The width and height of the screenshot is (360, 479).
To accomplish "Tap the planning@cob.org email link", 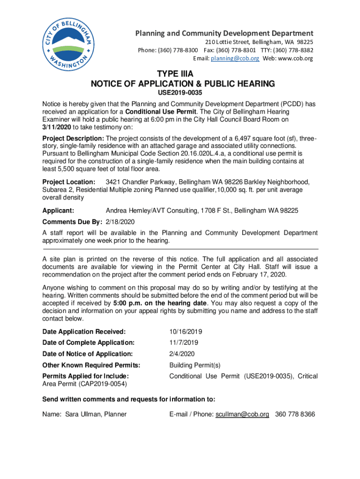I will (x=235, y=58).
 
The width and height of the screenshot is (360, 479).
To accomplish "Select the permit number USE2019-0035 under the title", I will (x=180, y=93).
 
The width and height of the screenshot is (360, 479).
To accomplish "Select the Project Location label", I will (x=69, y=181).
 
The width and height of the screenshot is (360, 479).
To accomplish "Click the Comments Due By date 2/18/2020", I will (x=120, y=221).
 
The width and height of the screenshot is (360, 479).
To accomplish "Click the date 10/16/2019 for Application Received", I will (x=186, y=332).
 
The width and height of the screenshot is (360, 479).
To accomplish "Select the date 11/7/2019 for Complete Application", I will (x=184, y=343).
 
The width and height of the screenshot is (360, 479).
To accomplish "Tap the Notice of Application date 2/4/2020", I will (x=182, y=354).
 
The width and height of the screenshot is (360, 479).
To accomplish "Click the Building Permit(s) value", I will (x=194, y=365).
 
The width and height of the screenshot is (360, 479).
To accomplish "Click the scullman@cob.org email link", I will (x=242, y=414).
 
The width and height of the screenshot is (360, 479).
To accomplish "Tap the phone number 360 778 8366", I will (x=295, y=414).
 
